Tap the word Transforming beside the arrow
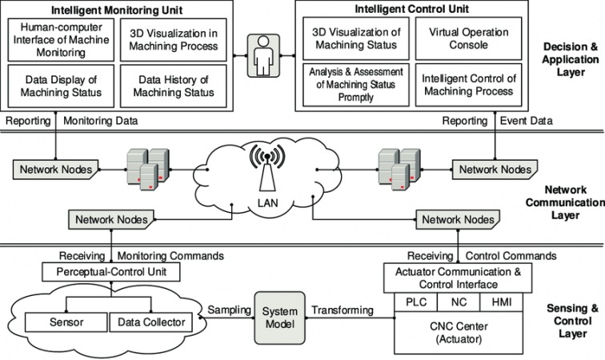(x=343, y=310)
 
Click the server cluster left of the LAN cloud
(x=148, y=169)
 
